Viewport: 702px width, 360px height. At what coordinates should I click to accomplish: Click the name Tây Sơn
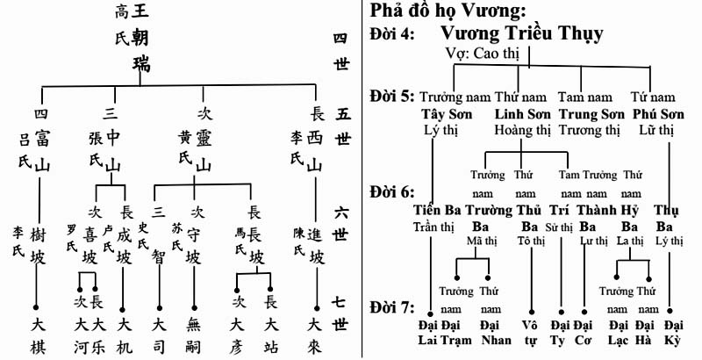[447, 114]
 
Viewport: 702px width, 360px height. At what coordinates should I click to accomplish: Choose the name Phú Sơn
[658, 114]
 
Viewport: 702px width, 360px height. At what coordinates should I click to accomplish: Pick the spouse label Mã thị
[475, 240]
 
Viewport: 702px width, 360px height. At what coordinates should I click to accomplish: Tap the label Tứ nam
[654, 96]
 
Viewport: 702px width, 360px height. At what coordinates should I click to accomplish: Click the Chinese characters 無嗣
[194, 335]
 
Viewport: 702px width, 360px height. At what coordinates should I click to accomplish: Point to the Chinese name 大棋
[37, 335]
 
